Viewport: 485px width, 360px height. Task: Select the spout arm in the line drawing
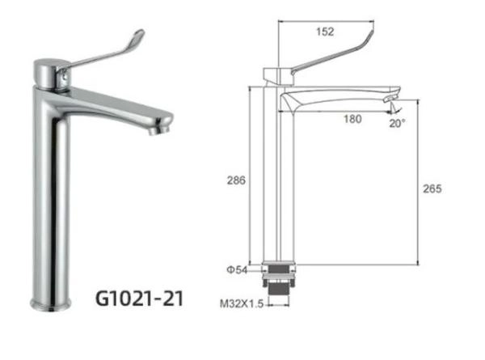[x=339, y=95]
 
